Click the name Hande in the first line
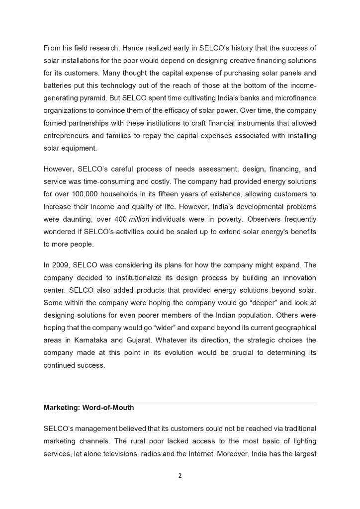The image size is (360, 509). coord(131,48)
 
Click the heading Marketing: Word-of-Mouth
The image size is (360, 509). coord(89,408)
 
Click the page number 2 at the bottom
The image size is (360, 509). coord(180,476)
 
